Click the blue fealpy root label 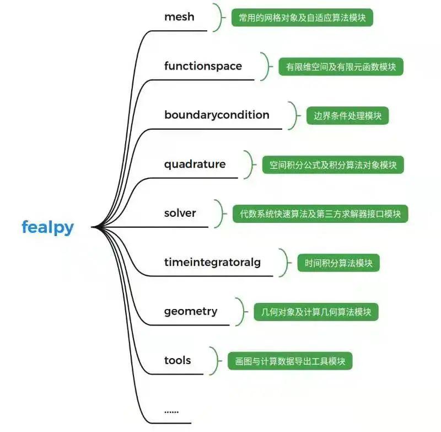47,227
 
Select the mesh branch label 179,17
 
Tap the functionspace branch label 203,66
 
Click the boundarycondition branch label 217,115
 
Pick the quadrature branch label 195,164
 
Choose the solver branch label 180,213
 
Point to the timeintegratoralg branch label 212,262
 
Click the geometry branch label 191,311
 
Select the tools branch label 178,360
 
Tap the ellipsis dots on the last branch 171,410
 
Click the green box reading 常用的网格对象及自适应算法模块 302,18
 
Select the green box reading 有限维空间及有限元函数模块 341,67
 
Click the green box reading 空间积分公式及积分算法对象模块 332,165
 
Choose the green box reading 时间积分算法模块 338,263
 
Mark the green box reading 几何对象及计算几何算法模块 316,312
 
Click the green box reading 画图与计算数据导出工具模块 290,361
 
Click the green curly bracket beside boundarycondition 295,115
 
